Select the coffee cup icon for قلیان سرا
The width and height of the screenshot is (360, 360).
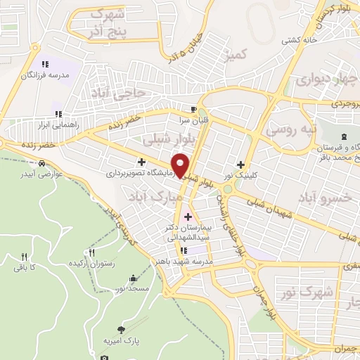(194, 109)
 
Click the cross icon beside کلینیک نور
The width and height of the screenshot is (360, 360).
(240, 164)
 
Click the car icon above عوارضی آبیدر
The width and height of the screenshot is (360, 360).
(43, 164)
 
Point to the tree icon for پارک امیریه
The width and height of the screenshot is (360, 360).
(124, 329)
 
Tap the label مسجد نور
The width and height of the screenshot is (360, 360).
(111, 289)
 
